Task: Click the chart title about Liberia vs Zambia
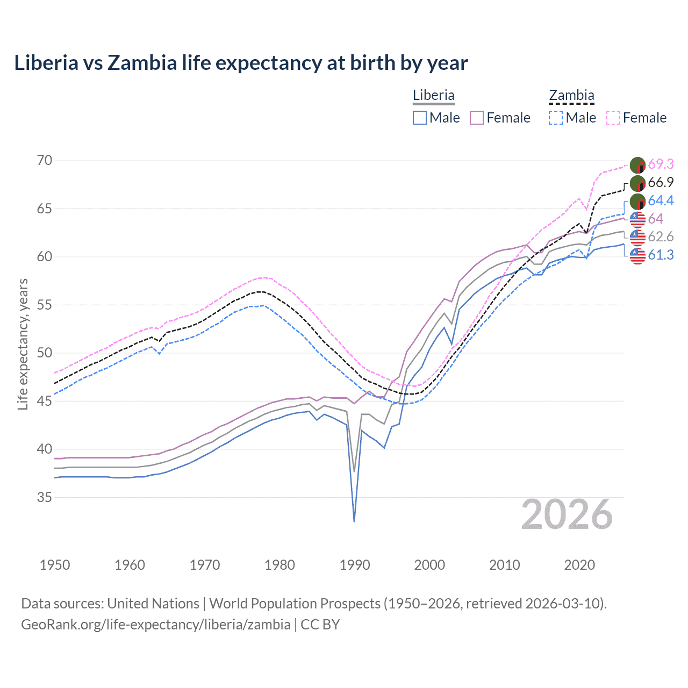[x=241, y=63]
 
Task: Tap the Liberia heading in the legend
[x=433, y=96]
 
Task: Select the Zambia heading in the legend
[x=571, y=96]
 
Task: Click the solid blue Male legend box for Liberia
[x=420, y=118]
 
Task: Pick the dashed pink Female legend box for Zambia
[x=613, y=118]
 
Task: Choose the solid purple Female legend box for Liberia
[x=477, y=118]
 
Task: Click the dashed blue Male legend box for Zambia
[x=556, y=118]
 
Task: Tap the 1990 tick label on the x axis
[x=355, y=565]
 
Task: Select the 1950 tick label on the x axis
[x=55, y=565]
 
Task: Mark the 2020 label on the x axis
[x=579, y=565]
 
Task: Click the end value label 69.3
[x=661, y=164]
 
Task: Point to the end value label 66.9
[x=661, y=183]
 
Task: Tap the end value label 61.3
[x=661, y=255]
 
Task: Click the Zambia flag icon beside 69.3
[x=637, y=165]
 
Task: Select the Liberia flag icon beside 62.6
[x=637, y=237]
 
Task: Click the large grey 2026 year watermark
[x=567, y=515]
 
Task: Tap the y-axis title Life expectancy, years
[x=23, y=344]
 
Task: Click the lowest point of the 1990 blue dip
[x=354, y=521]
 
